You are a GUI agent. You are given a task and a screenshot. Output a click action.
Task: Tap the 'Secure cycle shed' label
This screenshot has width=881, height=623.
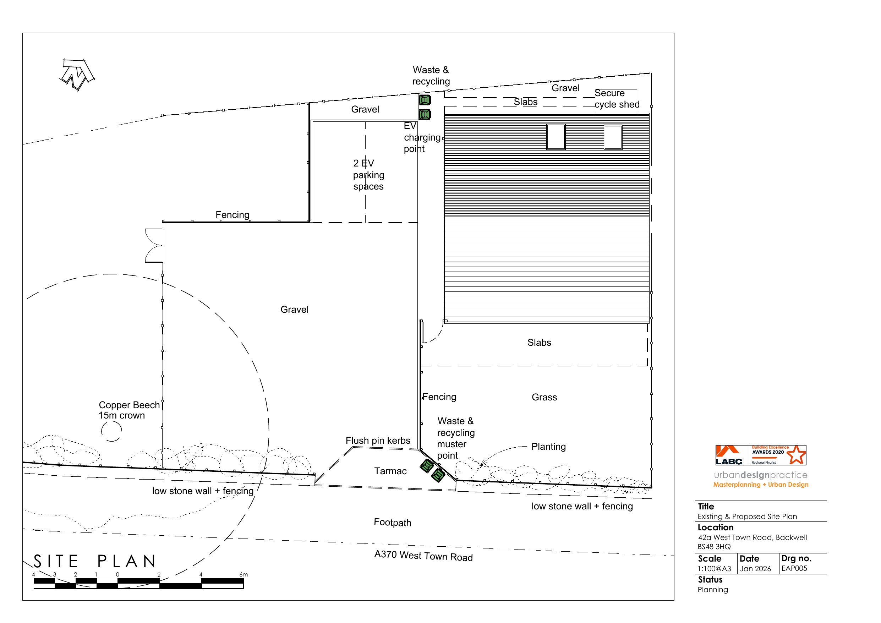pyautogui.click(x=617, y=99)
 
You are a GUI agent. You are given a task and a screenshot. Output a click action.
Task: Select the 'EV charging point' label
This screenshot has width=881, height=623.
pyautogui.click(x=421, y=137)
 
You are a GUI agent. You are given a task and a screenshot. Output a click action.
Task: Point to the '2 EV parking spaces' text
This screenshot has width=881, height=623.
pyautogui.click(x=368, y=175)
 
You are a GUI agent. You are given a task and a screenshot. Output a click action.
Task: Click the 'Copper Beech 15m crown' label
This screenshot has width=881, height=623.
pyautogui.click(x=128, y=410)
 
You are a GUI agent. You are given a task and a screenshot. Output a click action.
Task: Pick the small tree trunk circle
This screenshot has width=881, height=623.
pyautogui.click(x=112, y=431)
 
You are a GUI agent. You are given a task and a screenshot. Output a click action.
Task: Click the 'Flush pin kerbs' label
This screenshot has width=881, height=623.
pyautogui.click(x=378, y=441)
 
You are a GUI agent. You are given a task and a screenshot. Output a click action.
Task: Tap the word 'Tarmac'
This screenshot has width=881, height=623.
pyautogui.click(x=390, y=471)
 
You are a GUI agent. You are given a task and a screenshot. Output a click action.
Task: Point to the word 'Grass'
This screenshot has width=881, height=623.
pyautogui.click(x=544, y=397)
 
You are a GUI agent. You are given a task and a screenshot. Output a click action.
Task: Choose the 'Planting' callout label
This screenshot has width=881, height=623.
pyautogui.click(x=548, y=447)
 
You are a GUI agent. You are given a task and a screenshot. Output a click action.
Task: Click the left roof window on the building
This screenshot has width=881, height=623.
pyautogui.click(x=556, y=137)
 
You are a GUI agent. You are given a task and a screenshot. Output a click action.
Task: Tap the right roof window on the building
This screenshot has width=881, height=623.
pyautogui.click(x=613, y=137)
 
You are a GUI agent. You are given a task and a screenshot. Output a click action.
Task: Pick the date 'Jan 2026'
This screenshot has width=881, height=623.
pyautogui.click(x=755, y=569)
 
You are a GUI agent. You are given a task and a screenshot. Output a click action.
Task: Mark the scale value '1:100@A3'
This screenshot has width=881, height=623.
pyautogui.click(x=714, y=569)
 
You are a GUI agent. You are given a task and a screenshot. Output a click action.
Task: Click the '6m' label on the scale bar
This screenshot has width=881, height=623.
pyautogui.click(x=243, y=575)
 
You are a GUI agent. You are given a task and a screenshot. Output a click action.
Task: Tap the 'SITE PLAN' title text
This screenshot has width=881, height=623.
pyautogui.click(x=95, y=562)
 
